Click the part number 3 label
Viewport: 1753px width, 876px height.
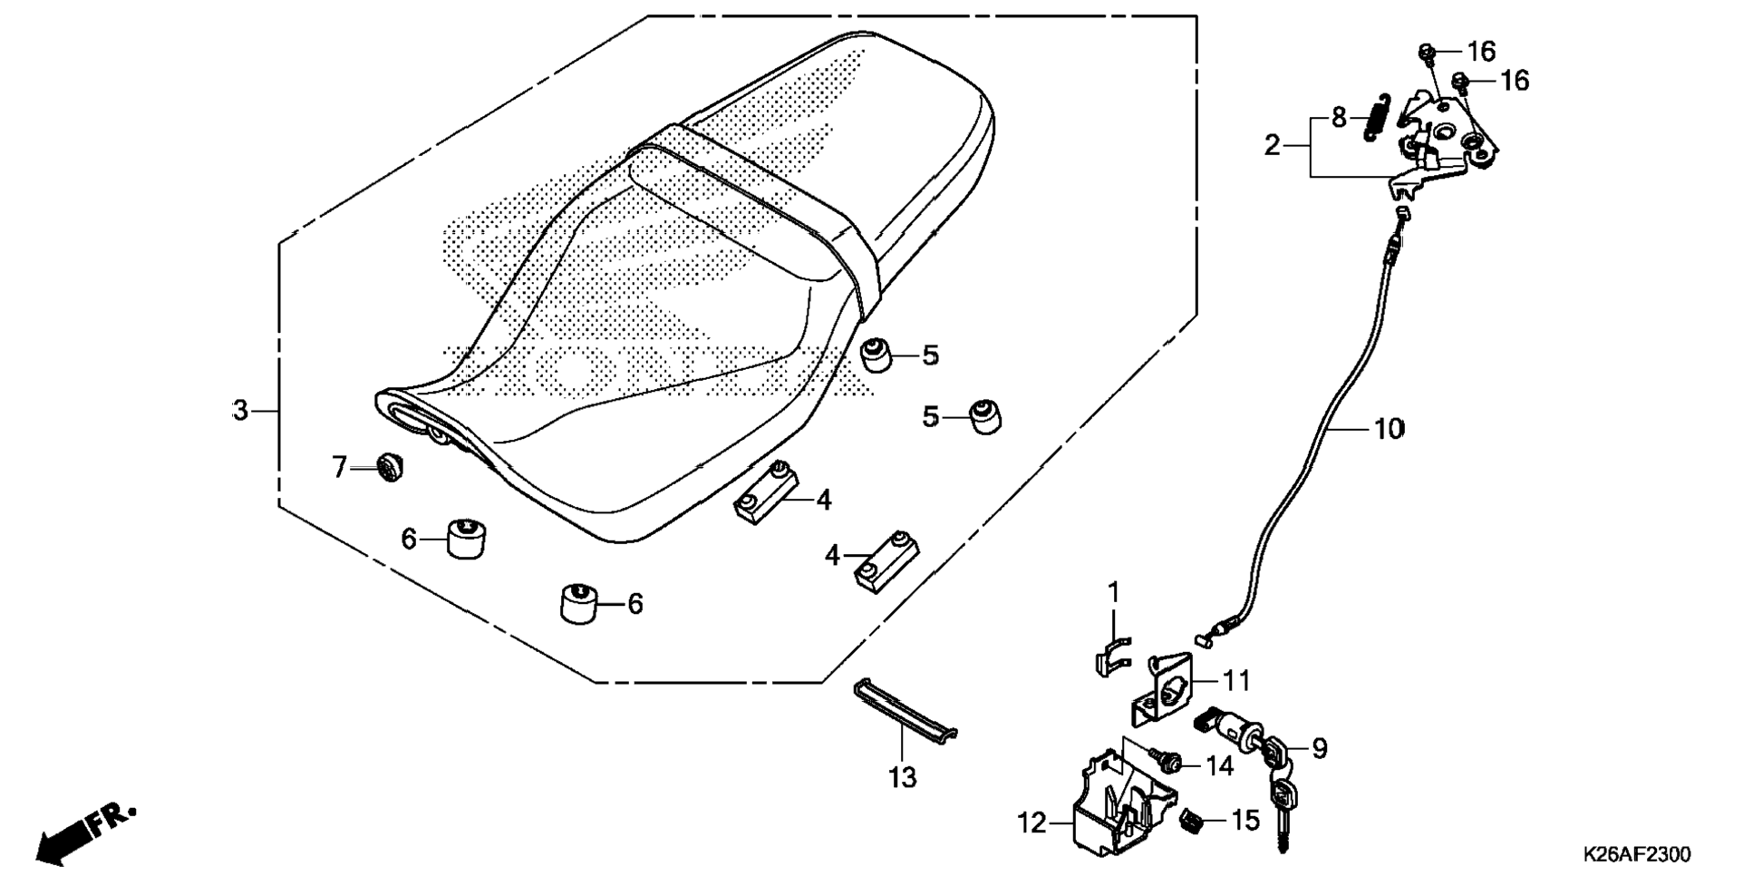click(239, 411)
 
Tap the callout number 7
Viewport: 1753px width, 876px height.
click(339, 468)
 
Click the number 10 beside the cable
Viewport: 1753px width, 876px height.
click(1388, 428)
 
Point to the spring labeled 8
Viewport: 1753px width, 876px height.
click(1376, 118)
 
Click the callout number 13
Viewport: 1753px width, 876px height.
click(903, 777)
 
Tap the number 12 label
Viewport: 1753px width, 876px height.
click(1031, 823)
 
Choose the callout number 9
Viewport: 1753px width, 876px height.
click(1319, 748)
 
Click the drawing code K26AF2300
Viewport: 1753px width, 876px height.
click(1636, 854)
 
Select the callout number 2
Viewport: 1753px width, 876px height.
click(1273, 144)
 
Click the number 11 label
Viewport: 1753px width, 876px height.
click(1236, 680)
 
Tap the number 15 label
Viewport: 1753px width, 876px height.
click(1245, 820)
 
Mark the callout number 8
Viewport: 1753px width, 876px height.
click(1339, 118)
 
